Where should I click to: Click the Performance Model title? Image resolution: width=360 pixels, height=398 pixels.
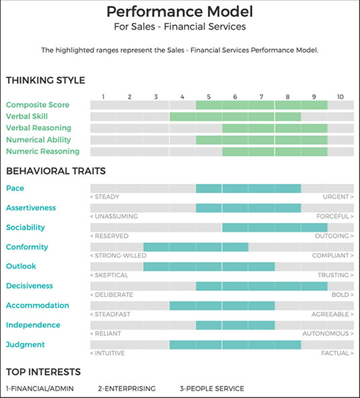(180, 11)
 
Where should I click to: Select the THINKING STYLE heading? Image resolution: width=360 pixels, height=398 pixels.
(46, 80)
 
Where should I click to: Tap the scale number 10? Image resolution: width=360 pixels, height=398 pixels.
(340, 97)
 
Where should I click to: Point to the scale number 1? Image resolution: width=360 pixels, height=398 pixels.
(103, 97)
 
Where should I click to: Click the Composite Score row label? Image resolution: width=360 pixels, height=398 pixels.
(38, 104)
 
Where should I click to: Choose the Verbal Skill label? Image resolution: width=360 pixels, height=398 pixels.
(27, 117)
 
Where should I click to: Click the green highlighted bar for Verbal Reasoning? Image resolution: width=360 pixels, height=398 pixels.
(275, 128)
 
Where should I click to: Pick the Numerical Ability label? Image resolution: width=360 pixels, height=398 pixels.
(38, 139)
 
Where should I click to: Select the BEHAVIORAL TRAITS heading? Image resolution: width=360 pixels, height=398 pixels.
(56, 171)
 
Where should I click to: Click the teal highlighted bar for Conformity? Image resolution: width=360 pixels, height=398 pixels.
(196, 247)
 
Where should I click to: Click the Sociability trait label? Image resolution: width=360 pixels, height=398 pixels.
(26, 227)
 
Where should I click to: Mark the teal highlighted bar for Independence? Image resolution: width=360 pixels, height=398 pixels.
(236, 325)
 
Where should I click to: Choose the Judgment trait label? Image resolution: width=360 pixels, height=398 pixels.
(26, 345)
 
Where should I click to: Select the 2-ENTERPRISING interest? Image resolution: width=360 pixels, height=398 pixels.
(127, 389)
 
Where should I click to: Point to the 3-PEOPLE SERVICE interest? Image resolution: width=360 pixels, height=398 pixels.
(212, 389)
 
